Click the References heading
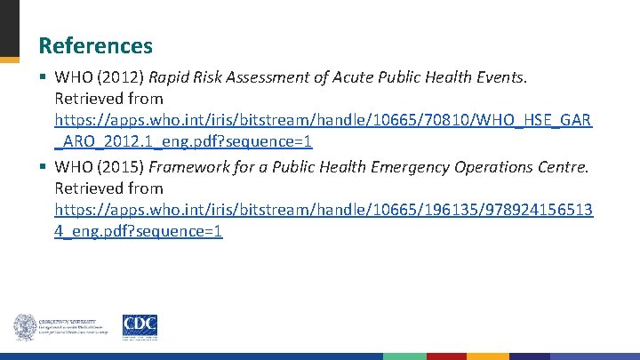(96, 45)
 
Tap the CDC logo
(140, 326)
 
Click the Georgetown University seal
(24, 327)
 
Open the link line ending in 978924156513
(324, 210)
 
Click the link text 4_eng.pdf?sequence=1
(139, 231)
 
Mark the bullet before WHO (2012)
(44, 76)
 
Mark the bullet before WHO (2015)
(44, 167)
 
